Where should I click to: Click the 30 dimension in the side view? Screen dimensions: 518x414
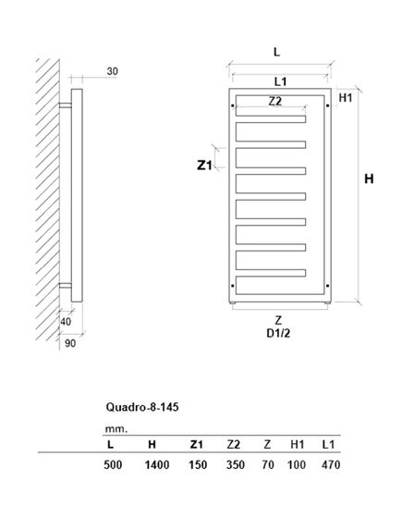coord(112,71)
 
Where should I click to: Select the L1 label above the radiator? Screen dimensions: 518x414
coord(279,82)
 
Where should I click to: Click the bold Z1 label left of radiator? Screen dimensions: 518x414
coord(206,166)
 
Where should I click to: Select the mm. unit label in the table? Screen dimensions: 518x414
coord(114,428)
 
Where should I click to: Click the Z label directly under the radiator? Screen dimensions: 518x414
coord(278,319)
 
